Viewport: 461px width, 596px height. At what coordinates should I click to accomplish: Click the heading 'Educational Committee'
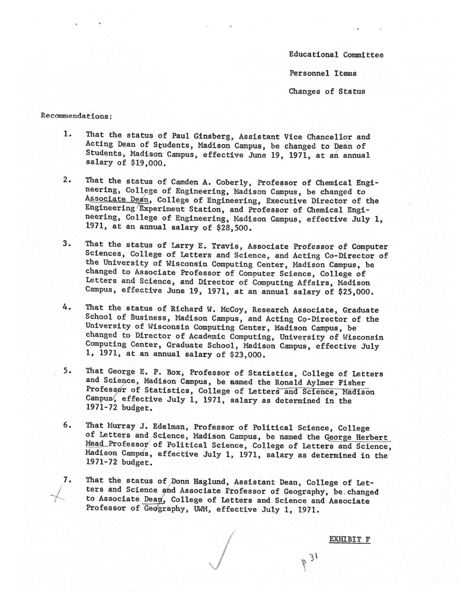336,55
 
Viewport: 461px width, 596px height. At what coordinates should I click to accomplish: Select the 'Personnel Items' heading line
323,73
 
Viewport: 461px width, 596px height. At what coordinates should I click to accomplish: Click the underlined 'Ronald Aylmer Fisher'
320,383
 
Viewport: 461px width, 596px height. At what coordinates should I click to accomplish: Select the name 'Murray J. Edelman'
144,427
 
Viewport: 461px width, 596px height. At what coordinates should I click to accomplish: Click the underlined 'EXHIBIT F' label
350,539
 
